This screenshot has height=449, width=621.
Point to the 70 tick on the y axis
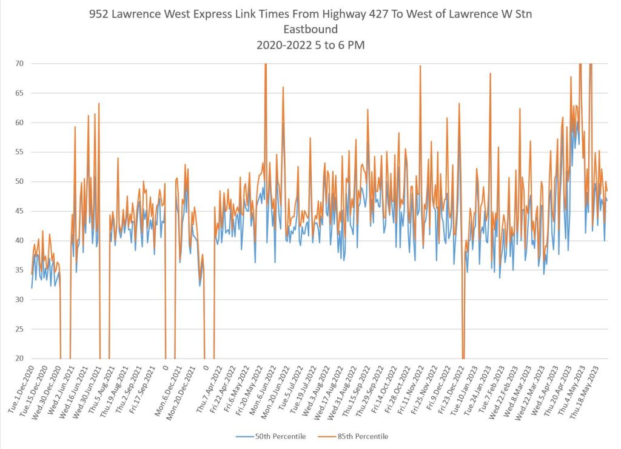point(20,63)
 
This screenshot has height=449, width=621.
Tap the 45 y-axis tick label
point(20,211)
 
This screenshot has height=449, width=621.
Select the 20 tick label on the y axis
point(20,359)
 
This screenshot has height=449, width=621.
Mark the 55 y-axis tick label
point(20,152)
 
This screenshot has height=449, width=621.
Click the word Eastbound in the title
point(310,29)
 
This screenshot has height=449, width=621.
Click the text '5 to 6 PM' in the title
point(340,45)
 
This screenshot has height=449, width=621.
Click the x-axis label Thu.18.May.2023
point(589,388)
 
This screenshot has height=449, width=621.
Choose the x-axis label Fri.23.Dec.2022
point(453,388)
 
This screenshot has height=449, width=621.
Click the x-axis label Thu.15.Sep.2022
point(358,388)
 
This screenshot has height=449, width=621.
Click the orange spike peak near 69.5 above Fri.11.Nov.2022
point(420,66)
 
